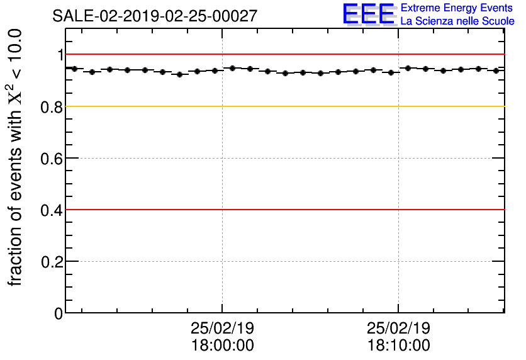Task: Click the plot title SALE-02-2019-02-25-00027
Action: pos(155,16)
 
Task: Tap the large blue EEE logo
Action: pos(369,14)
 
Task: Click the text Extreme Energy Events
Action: pos(457,8)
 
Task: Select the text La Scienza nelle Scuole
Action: pos(457,21)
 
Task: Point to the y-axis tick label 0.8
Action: pos(52,107)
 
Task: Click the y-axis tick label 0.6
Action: pos(52,159)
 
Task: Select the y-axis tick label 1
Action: pos(60,55)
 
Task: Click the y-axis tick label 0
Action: pos(59,313)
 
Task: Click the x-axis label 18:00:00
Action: pos(222,346)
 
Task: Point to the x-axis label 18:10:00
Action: pos(398,346)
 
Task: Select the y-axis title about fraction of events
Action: pos(18,157)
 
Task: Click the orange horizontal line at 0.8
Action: pos(283,106)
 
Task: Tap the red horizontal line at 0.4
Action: pos(283,210)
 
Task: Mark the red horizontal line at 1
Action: pos(283,55)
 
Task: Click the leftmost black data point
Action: pos(74,69)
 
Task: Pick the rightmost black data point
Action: pos(496,70)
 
